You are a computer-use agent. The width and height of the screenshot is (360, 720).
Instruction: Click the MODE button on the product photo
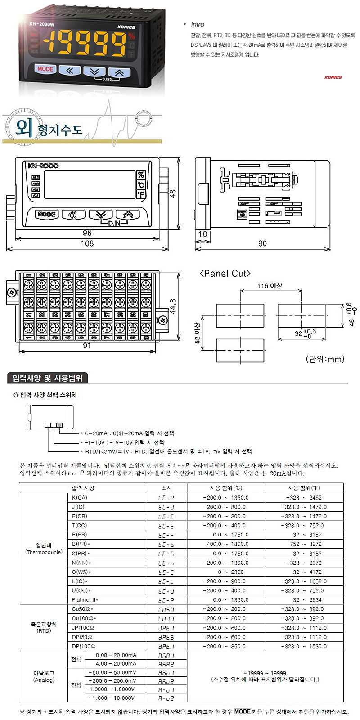tap(45, 69)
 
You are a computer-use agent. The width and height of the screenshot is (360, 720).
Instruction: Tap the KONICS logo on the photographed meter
tap(126, 27)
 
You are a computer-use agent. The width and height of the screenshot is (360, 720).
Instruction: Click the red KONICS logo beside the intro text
tap(333, 77)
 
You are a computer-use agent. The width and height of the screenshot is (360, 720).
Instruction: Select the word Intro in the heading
tap(197, 24)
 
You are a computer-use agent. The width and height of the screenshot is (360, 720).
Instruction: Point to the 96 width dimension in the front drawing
tap(87, 233)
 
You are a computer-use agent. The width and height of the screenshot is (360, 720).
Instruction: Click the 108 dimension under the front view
tap(87, 243)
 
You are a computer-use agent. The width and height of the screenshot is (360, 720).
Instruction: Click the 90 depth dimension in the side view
tap(262, 243)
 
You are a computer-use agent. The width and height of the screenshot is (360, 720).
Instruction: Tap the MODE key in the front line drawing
tap(47, 215)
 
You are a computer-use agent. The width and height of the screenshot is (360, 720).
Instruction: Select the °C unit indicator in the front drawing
tap(141, 184)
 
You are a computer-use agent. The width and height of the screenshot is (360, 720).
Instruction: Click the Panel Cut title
tap(225, 274)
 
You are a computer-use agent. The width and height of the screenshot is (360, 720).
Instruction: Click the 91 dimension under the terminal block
tap(87, 346)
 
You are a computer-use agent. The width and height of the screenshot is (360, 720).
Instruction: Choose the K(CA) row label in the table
tap(80, 498)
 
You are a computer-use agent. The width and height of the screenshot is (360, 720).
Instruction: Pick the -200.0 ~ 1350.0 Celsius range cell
tap(225, 498)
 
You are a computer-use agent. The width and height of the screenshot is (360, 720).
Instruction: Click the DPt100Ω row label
tap(83, 646)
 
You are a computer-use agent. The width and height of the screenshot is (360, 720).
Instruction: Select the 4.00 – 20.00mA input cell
tap(116, 664)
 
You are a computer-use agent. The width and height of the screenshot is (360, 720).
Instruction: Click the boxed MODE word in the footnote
tap(242, 711)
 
